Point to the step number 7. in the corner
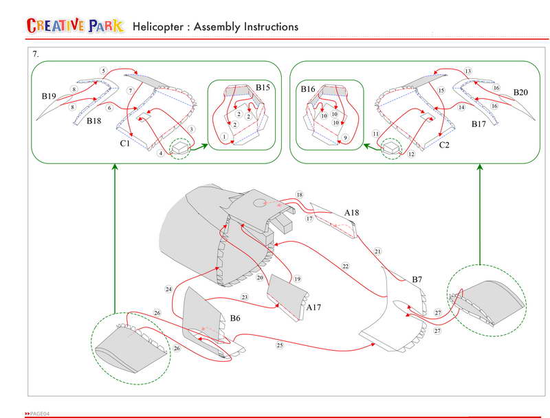36,53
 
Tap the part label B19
47,97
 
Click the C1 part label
125,143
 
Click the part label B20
520,91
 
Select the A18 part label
351,213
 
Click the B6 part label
235,318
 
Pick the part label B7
417,279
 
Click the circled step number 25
280,344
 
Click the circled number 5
102,71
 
